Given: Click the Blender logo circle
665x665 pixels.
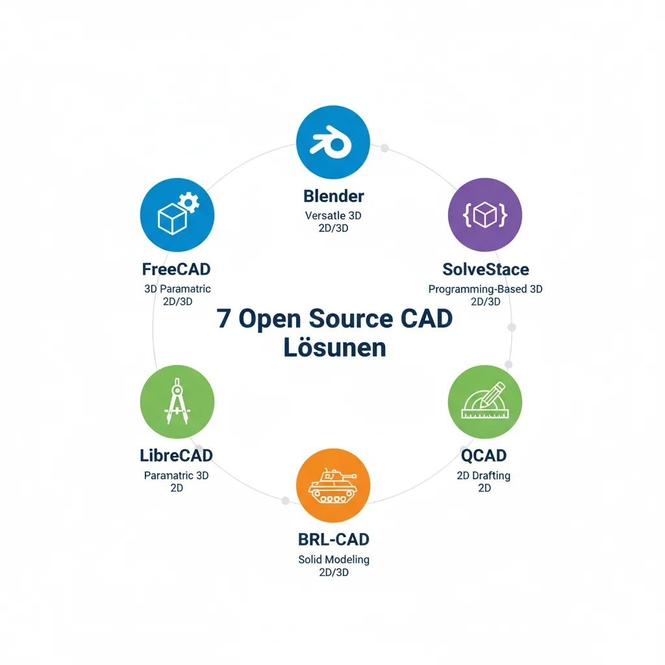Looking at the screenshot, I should [332, 143].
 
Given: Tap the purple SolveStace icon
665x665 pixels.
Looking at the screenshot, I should [485, 214].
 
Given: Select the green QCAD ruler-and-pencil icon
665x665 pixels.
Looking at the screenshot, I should [484, 401].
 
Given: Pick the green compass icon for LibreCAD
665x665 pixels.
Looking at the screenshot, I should [177, 401].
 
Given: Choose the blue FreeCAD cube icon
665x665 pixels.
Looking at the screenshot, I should [177, 214].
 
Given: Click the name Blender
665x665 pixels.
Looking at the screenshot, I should [334, 195].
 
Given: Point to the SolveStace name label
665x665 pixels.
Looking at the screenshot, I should [485, 270].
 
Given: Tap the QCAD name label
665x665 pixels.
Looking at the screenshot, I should [484, 455].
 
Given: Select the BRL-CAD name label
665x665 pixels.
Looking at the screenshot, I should [334, 539].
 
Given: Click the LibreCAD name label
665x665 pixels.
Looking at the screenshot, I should [177, 455].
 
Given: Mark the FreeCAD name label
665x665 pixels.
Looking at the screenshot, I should [176, 269].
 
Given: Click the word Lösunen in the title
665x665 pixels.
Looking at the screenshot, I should [334, 348].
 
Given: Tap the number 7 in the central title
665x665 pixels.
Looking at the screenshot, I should [224, 320].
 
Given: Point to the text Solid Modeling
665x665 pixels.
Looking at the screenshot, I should [334, 559].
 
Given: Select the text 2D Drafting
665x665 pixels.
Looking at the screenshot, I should [484, 475].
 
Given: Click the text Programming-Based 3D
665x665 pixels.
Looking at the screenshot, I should [485, 289].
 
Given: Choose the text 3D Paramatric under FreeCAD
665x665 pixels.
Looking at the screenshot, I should [177, 289].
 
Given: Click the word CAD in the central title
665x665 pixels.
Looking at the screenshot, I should [426, 320].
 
